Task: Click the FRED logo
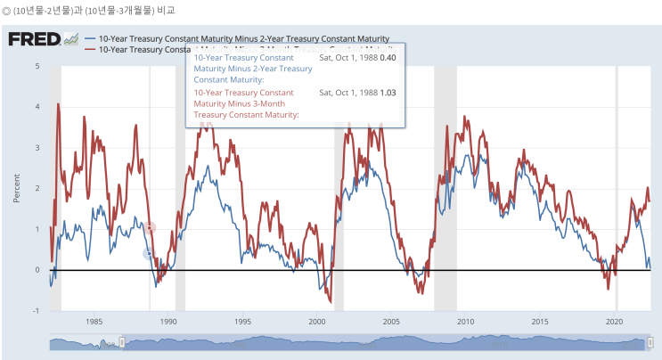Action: (34, 40)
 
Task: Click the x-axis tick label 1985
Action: (94, 322)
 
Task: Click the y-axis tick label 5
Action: (37, 66)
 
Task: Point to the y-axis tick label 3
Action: (37, 148)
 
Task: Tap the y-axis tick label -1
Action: (36, 311)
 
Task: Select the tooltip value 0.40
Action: (388, 57)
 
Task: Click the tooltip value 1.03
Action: (388, 92)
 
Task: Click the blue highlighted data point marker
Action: (149, 254)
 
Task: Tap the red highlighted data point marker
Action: (150, 228)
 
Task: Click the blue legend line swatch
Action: (90, 39)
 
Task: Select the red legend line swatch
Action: (90, 50)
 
